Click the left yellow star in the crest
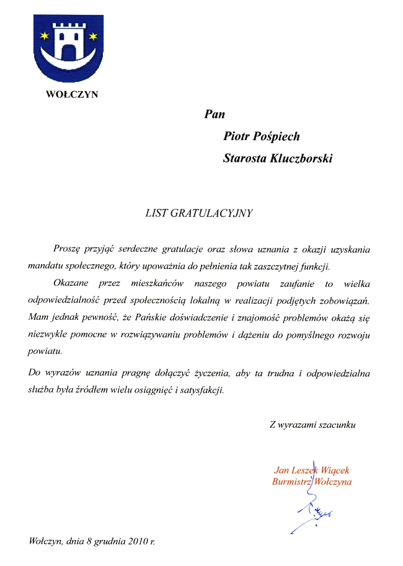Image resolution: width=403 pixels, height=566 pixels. point(44,35)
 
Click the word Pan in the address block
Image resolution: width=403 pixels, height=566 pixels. point(214,114)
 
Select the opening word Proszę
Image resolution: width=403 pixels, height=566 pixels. point(68,249)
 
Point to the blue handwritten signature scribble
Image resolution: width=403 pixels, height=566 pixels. point(316,511)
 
